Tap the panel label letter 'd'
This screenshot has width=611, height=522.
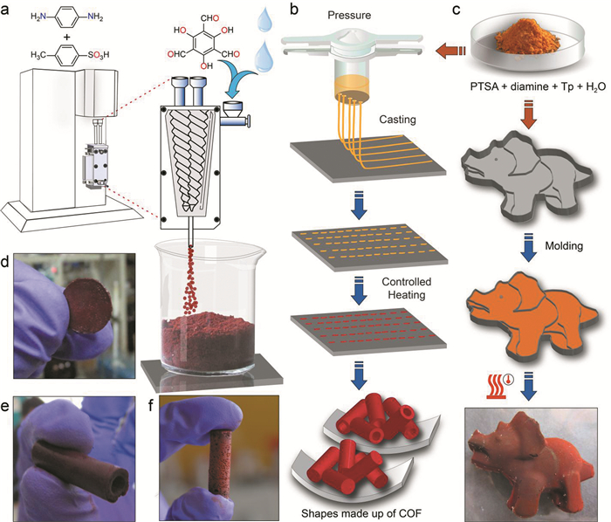10,261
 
